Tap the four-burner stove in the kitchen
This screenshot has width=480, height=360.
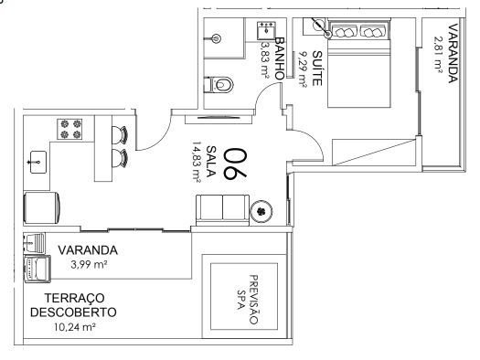tap(69, 129)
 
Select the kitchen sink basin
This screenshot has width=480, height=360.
tap(38, 162)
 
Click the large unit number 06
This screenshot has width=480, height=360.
tap(235, 164)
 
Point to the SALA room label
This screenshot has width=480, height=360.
tap(211, 162)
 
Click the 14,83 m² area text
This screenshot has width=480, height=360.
tap(197, 162)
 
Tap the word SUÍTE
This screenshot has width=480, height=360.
tap(317, 69)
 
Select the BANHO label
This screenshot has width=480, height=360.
tap(280, 58)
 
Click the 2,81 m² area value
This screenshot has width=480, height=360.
tap(438, 55)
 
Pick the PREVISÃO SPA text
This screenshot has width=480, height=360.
tap(248, 300)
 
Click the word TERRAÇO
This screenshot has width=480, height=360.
tap(75, 298)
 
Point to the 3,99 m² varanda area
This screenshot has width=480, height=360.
tap(89, 265)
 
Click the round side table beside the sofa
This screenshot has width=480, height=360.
tap(261, 211)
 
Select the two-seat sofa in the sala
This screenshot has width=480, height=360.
tap(222, 210)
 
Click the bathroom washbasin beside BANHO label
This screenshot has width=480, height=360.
tap(267, 30)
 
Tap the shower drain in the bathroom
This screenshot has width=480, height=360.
tap(217, 38)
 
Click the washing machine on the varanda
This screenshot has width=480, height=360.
tap(37, 269)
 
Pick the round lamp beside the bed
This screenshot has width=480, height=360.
tap(319, 25)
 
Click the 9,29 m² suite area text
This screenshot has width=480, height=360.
tap(302, 69)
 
